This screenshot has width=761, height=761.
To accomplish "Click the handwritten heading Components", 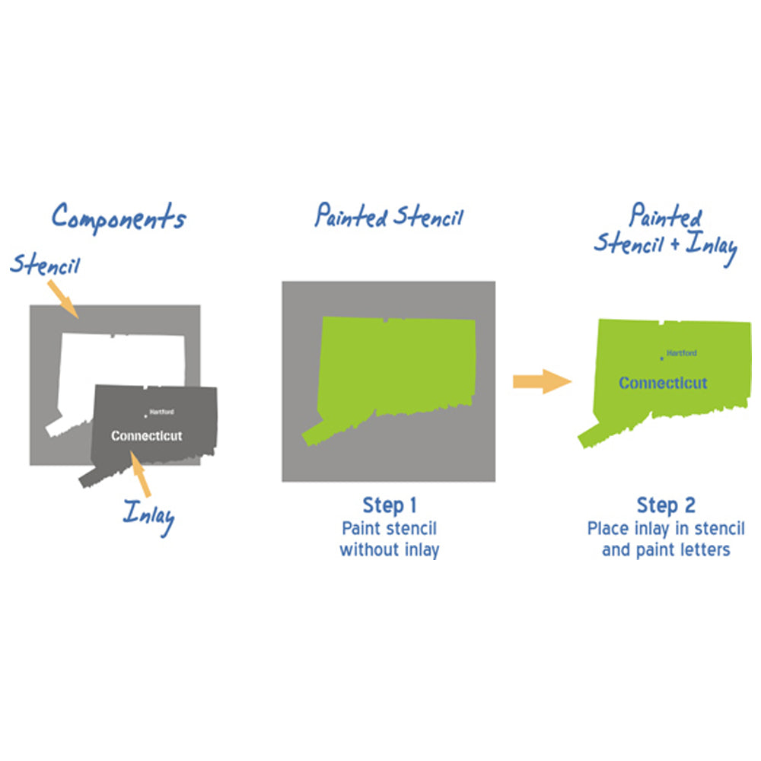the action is tap(119, 218).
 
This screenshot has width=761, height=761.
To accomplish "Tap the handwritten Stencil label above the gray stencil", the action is tap(45, 265).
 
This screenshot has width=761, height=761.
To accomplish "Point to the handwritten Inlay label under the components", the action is tap(148, 517).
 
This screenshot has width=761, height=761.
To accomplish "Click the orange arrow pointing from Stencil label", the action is tap(63, 299).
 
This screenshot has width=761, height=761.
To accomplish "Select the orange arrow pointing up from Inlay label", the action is tap(140, 473).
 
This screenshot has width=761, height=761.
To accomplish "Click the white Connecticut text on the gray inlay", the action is tap(147, 436).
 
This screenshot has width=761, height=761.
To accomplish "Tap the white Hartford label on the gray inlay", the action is tap(161, 412).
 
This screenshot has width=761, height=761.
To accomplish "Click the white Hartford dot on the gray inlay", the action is tap(145, 416).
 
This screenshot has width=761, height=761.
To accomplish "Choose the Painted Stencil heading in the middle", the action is tap(389, 216).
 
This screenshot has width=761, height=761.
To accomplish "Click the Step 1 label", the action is tap(389, 505).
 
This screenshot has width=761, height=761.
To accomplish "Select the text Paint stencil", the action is tap(389, 528).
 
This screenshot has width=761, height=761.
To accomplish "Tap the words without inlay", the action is tap(389, 550).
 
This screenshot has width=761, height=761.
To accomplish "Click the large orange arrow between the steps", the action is tap(543, 381).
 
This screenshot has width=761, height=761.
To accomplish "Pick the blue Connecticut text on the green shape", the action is tap(663, 383).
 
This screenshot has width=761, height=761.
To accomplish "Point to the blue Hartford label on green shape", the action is tap(681, 353).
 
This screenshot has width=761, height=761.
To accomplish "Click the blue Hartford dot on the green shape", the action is tap(661, 358).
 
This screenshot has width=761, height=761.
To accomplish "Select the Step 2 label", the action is tap(666, 505).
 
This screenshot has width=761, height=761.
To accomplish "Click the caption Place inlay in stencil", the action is tap(666, 528).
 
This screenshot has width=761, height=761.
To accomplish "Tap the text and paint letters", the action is tap(666, 550).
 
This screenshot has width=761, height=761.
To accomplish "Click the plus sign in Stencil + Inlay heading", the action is tap(675, 244).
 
